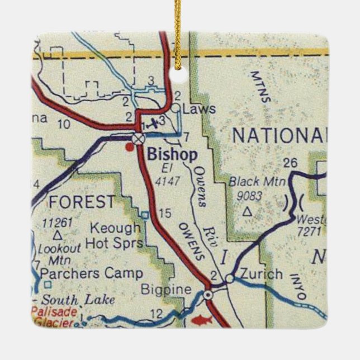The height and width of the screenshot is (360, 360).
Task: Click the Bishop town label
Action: point(173,155)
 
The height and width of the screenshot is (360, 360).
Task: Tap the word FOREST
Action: point(82,201)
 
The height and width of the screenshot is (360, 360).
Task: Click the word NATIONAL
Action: point(280,135)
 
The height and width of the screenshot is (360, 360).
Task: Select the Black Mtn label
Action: point(258,181)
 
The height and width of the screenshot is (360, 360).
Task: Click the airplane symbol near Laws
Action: point(151,122)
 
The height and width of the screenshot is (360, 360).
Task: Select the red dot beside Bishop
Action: point(130,148)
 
